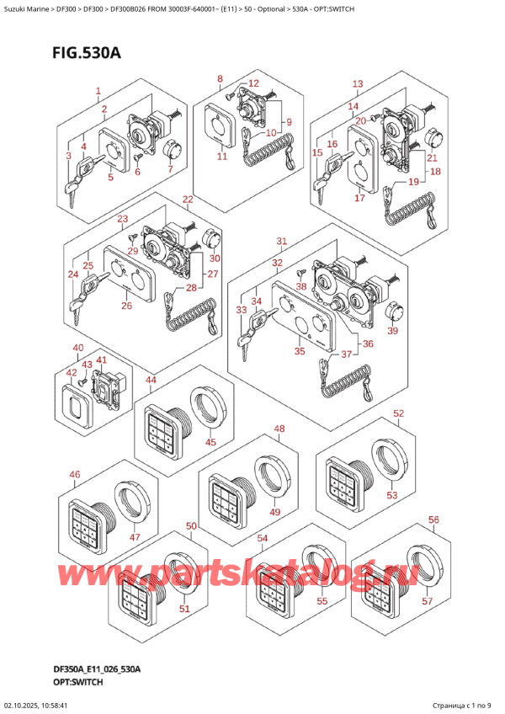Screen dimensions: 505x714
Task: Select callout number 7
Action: (x=170, y=169)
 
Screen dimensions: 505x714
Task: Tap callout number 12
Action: (x=253, y=83)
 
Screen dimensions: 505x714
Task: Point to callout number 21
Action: (x=432, y=158)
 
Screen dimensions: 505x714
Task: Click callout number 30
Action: (x=215, y=258)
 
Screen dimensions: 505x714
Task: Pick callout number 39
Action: (x=392, y=331)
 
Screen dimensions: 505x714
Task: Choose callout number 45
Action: (x=210, y=442)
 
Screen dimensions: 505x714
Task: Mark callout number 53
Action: (x=391, y=495)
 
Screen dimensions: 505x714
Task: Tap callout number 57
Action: (x=427, y=601)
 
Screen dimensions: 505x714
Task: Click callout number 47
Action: (x=135, y=537)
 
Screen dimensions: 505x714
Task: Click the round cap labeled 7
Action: (x=173, y=148)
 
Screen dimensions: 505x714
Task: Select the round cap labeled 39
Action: (x=395, y=312)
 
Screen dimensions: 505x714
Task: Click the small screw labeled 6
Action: (x=138, y=157)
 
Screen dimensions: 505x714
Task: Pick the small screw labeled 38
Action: (x=300, y=273)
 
